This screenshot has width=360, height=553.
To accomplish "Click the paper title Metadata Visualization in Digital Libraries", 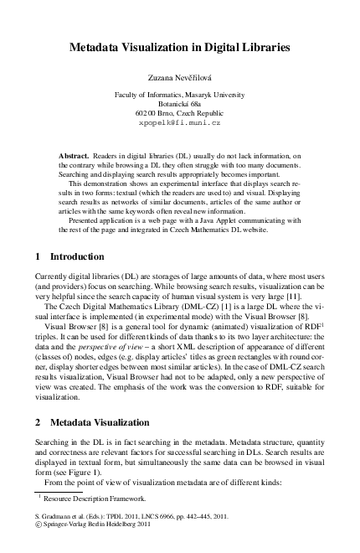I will (x=179, y=49).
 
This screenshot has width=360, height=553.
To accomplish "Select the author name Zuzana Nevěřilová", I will (x=180, y=78).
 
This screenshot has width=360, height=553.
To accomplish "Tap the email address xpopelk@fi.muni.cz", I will (x=179, y=122).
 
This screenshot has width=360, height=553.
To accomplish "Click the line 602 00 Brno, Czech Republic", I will (x=180, y=112).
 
